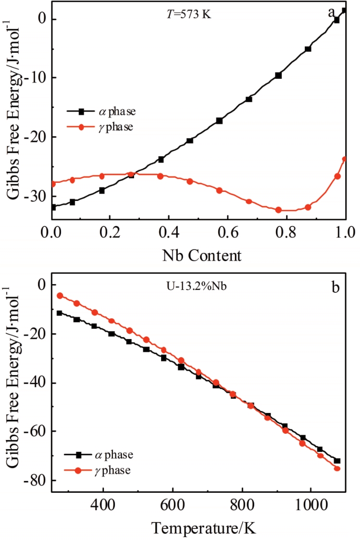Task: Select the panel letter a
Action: pyautogui.click(x=331, y=13)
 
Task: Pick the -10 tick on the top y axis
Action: pyautogui.click(x=36, y=78)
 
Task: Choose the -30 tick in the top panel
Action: pyautogui.click(x=36, y=197)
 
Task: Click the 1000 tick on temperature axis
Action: pyautogui.click(x=311, y=504)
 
